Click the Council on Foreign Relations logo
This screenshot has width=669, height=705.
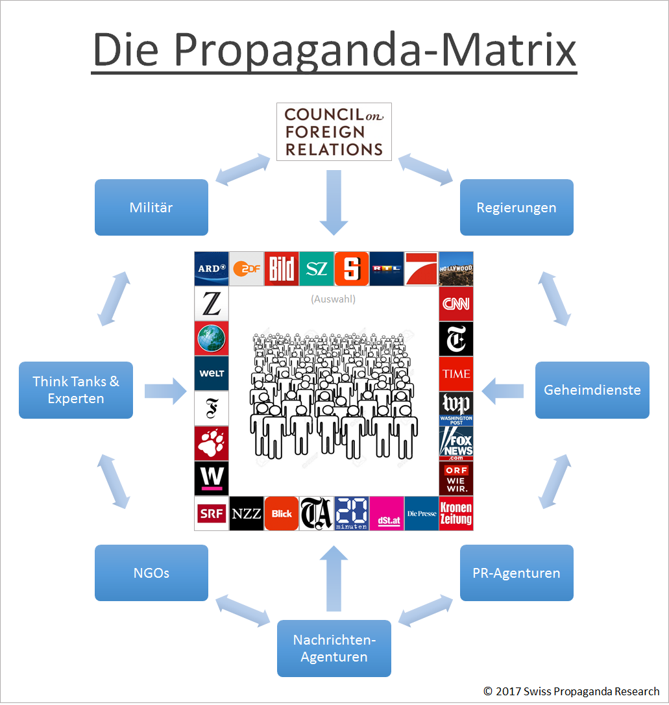334,132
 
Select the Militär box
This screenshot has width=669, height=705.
151,208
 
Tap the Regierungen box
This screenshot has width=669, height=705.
517,208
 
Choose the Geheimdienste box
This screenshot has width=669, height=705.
592,390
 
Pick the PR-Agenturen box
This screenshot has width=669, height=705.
517,573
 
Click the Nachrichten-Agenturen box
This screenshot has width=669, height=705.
334,649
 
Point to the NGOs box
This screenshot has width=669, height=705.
151,573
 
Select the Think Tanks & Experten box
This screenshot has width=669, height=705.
76,390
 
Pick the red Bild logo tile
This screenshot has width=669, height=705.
282,269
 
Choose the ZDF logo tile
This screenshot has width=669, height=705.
247,269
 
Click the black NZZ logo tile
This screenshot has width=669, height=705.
247,513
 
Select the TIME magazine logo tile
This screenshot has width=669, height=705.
456,374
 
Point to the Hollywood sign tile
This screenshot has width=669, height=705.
456,269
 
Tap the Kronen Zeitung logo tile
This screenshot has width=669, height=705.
456,513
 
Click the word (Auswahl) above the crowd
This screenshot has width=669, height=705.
334,299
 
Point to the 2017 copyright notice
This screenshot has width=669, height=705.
572,691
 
